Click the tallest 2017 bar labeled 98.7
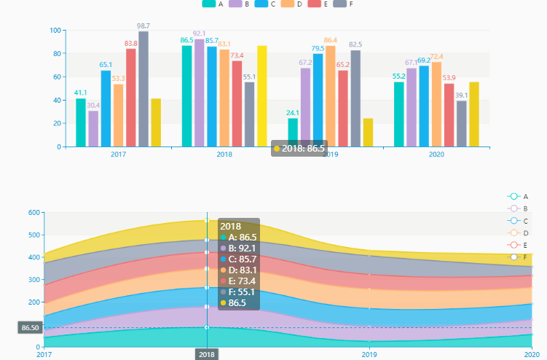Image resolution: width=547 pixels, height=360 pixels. point(143,89)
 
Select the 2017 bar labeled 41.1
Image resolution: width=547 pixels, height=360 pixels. point(81,122)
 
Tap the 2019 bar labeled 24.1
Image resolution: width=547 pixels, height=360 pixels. point(293,133)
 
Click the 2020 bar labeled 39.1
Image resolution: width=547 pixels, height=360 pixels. point(462,124)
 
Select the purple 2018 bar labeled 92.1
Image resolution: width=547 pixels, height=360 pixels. point(200,93)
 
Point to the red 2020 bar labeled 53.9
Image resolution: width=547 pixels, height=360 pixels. point(449,115)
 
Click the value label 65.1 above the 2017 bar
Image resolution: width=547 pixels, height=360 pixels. point(106,64)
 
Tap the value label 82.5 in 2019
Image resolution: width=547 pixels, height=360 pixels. point(355,44)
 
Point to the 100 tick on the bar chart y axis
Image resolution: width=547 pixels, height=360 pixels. point(55,31)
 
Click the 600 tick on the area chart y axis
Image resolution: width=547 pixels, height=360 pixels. point(34,213)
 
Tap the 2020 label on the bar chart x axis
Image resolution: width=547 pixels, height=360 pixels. point(436,154)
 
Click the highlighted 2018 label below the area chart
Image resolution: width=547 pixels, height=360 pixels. point(207,354)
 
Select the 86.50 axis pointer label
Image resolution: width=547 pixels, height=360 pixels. point(30,328)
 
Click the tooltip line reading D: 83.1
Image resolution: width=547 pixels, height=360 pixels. point(243,270)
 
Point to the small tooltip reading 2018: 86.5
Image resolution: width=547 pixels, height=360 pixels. point(299,148)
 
